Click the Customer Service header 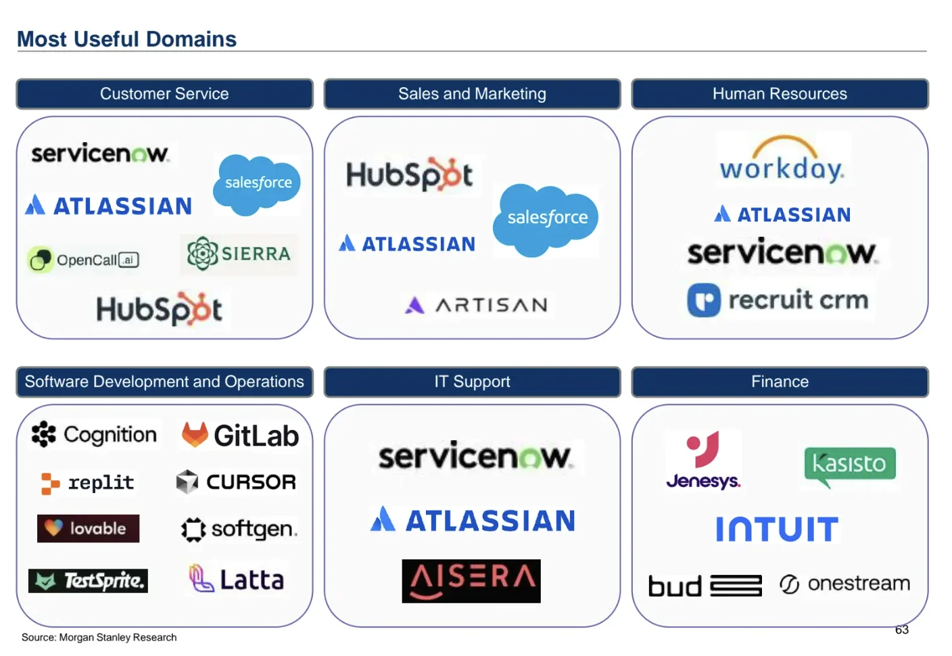[164, 94]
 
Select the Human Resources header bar [780, 94]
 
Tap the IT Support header [472, 382]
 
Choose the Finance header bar [780, 382]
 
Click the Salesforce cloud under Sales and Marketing [546, 218]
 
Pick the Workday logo [782, 161]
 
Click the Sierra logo [239, 254]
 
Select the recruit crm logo [778, 300]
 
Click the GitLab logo [241, 436]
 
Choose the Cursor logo [236, 482]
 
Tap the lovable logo [88, 529]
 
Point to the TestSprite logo [88, 581]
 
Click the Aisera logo [471, 581]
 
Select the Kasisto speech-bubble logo [850, 465]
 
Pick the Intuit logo [777, 529]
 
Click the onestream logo [845, 584]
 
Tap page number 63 [902, 630]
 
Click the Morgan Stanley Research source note [99, 637]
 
